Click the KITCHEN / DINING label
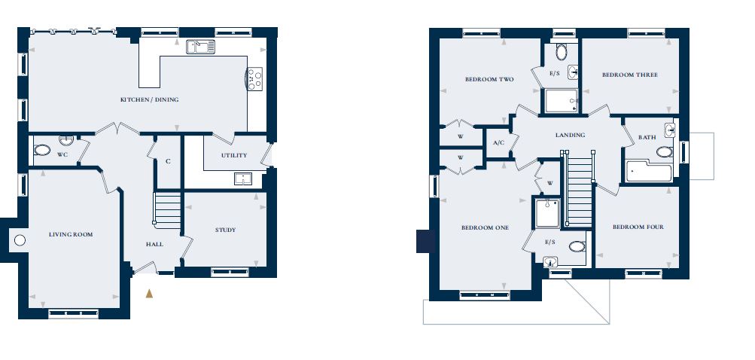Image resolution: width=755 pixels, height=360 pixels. pyautogui.click(x=149, y=99)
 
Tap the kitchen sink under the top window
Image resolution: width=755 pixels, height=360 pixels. pyautogui.click(x=201, y=47)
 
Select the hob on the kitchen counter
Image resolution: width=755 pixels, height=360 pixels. pyautogui.click(x=254, y=78)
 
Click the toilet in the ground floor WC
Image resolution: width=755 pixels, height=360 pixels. pyautogui.click(x=42, y=150)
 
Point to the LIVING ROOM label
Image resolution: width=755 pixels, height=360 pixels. pyautogui.click(x=71, y=235)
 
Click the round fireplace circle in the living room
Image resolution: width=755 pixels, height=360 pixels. pyautogui.click(x=20, y=240)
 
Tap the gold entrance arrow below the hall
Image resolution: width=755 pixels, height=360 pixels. pyautogui.click(x=149, y=293)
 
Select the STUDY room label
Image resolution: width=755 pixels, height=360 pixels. pyautogui.click(x=225, y=230)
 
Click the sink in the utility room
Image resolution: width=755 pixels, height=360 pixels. pyautogui.click(x=243, y=178)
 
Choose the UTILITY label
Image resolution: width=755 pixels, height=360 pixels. pyautogui.click(x=234, y=155)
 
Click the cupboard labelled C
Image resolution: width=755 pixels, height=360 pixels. pyautogui.click(x=168, y=162)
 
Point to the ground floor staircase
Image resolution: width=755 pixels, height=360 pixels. pyautogui.click(x=168, y=211)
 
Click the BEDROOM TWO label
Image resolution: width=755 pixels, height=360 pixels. pyautogui.click(x=489, y=80)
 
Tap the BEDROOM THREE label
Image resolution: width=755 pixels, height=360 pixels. pyautogui.click(x=630, y=75)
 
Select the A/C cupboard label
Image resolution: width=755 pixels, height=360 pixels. pyautogui.click(x=498, y=143)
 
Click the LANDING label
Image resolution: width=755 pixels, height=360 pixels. pyautogui.click(x=570, y=135)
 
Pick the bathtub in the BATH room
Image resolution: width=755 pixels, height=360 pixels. pyautogui.click(x=649, y=172)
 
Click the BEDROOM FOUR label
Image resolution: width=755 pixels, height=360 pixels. pyautogui.click(x=638, y=227)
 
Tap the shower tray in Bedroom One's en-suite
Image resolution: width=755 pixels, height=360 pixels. pyautogui.click(x=547, y=212)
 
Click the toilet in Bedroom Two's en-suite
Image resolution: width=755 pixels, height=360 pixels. pyautogui.click(x=561, y=51)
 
